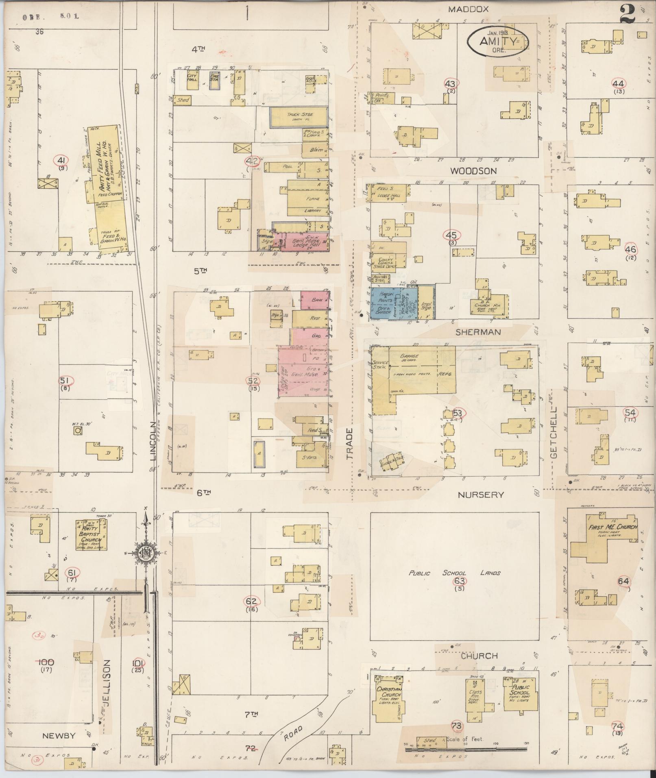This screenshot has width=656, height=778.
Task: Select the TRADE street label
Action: point(351,443)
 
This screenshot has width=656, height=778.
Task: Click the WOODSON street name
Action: point(473,171)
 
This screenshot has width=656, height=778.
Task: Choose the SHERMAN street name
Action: point(477,332)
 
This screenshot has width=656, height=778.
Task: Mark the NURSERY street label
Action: point(481,495)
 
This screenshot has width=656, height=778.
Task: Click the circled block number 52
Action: point(253,381)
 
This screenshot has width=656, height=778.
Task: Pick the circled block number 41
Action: point(62,160)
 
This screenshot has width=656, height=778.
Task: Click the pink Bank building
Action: point(315,300)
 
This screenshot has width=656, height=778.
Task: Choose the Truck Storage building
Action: point(299,117)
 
